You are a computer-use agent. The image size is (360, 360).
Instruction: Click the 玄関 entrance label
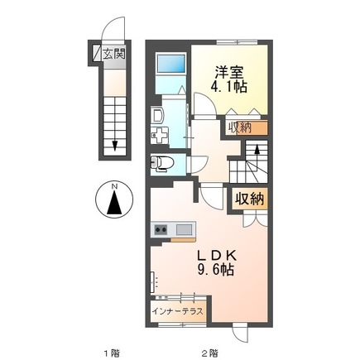[x=113, y=55]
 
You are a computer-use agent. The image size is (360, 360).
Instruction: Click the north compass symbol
[x=114, y=198]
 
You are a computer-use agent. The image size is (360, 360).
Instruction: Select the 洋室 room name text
[x=230, y=70]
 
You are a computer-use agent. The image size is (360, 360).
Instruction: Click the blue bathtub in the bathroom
[x=170, y=62]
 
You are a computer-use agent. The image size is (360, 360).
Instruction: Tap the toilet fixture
[x=161, y=162]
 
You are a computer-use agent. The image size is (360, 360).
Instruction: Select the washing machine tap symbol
[x=158, y=137]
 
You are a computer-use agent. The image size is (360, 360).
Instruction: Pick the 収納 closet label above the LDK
[x=247, y=198]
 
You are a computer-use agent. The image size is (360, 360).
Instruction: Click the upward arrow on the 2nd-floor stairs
[x=257, y=152]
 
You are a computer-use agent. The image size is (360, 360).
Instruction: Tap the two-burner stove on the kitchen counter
[x=161, y=228]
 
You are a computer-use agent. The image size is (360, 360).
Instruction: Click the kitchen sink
[x=184, y=228]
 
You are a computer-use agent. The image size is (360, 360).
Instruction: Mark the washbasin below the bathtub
[x=158, y=115]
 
